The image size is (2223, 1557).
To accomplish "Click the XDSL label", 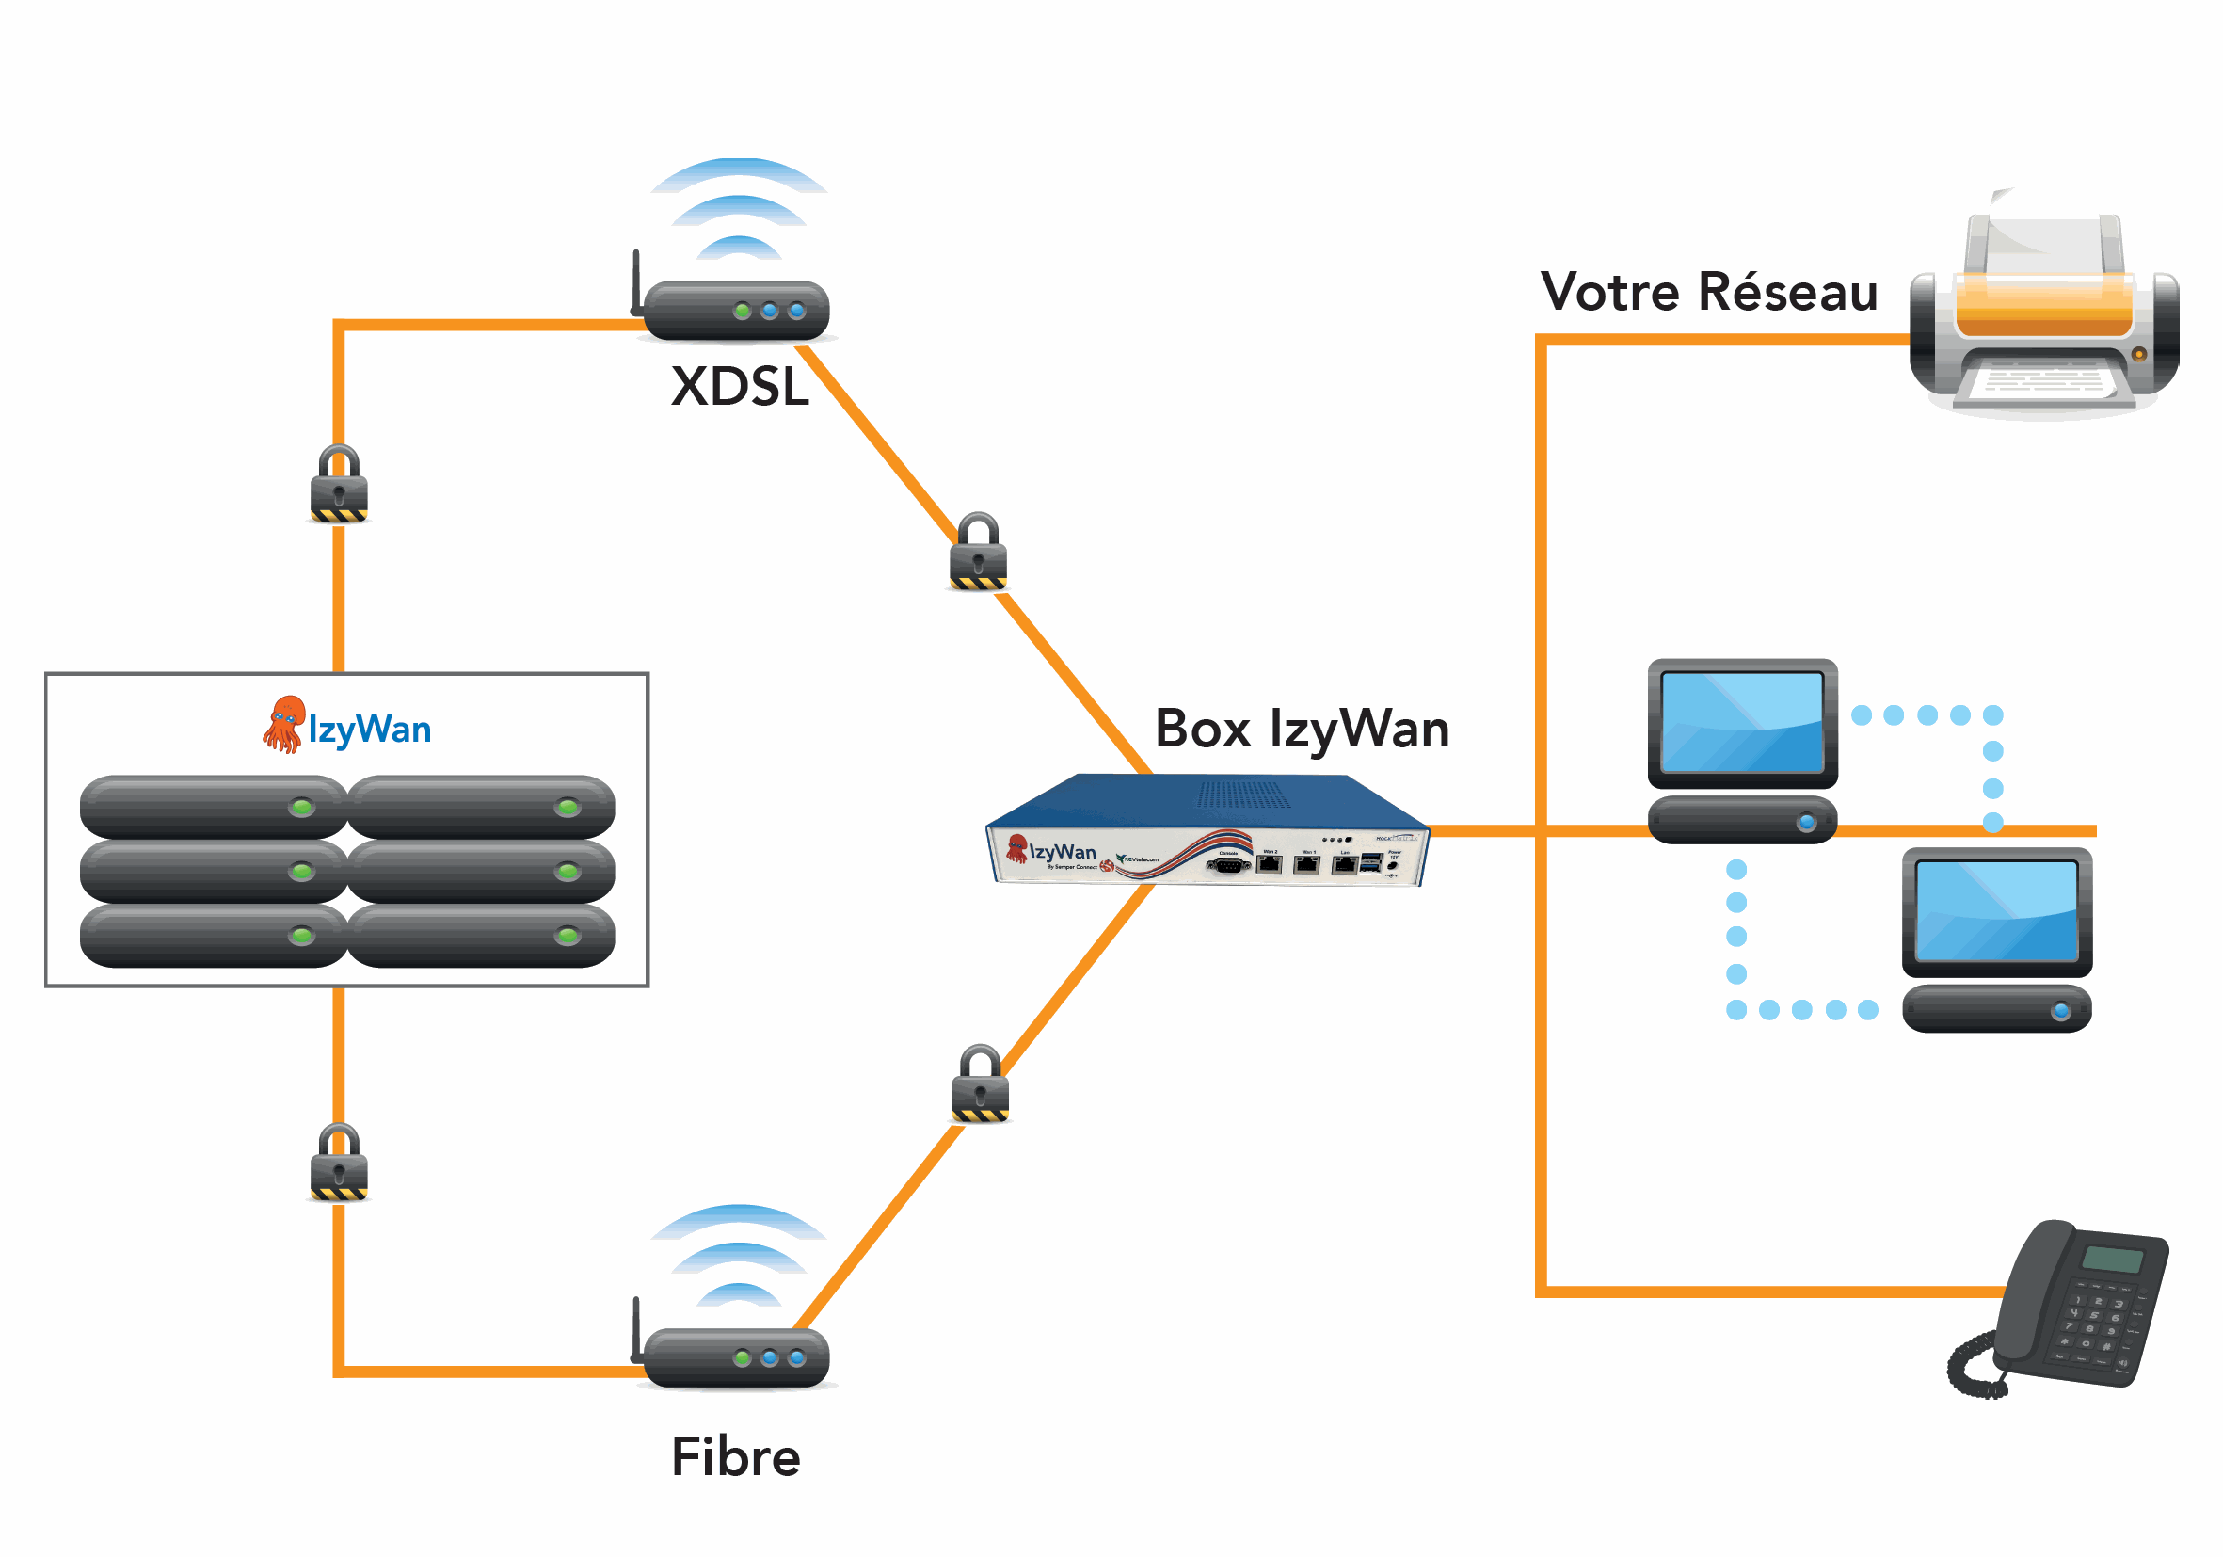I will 739,386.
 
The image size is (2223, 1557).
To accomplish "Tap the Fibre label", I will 735,1456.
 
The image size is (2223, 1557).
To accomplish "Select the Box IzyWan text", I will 1302,729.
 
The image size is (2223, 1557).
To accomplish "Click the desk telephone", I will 2062,1308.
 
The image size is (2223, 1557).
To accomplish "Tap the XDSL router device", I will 736,311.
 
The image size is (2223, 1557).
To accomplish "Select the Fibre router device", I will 736,1357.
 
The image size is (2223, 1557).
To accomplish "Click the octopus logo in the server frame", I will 284,723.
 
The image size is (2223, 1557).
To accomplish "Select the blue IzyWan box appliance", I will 1207,830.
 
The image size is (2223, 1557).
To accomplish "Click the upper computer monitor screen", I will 1742,721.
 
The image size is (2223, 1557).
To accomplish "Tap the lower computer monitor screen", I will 1996,910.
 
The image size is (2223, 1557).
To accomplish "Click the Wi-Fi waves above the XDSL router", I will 739,208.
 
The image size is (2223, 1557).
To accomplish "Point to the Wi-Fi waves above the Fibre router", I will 739,1255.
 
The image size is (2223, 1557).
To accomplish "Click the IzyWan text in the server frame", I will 370,730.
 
